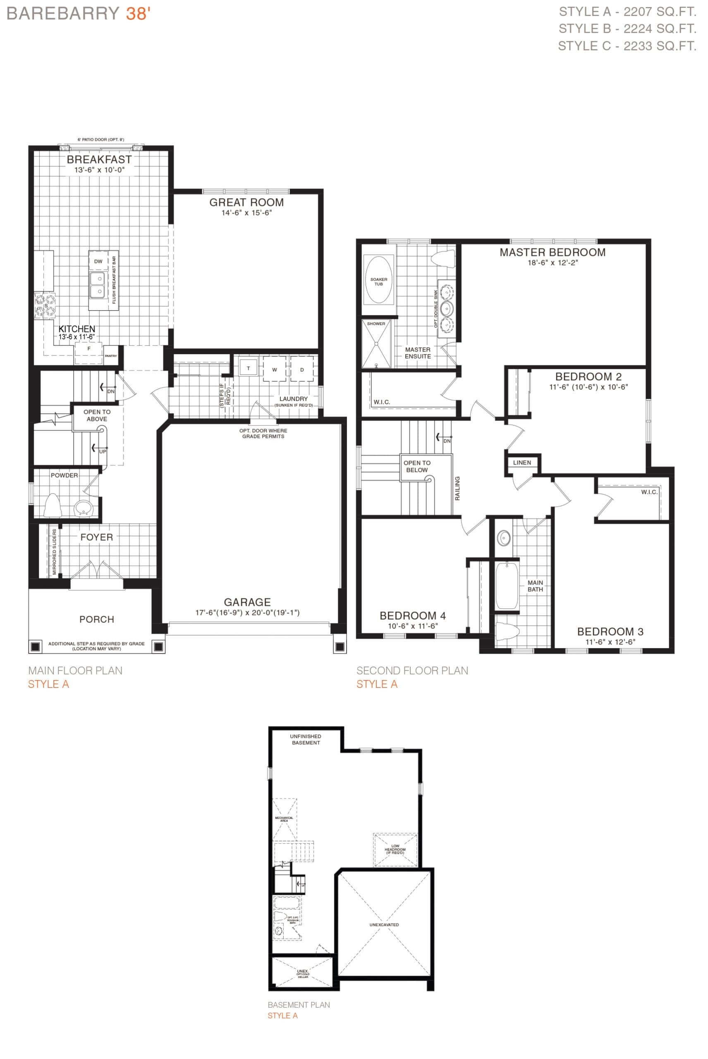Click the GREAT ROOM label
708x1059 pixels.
pos(246,202)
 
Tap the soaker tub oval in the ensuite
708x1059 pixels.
pos(378,280)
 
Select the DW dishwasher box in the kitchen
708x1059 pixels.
pos(98,261)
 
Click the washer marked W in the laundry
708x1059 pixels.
pos(275,369)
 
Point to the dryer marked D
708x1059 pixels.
pos(302,369)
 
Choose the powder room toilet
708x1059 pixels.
pos(53,506)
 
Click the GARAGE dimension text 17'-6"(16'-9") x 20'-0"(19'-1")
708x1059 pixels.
pos(247,612)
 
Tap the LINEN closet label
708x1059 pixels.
pos(522,462)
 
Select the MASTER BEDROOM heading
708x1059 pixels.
pos(552,252)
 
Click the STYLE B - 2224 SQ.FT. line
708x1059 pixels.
pos(627,29)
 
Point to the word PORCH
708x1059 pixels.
pos(97,619)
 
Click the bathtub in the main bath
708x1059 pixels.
pos(507,585)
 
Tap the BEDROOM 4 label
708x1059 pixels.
pos(412,616)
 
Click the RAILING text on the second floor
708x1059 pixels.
pos(457,488)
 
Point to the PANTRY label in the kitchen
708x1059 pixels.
pos(111,356)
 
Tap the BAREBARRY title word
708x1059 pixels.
pos(63,14)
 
